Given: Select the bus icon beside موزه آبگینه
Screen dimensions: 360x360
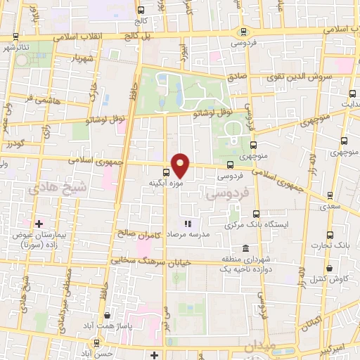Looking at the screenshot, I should tap(166, 172).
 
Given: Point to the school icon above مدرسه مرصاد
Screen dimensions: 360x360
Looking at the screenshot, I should tap(188, 224).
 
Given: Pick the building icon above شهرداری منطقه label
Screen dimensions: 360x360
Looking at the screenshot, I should tap(245, 250).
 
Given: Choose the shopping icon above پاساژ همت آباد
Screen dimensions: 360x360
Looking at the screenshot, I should tap(105, 316).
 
